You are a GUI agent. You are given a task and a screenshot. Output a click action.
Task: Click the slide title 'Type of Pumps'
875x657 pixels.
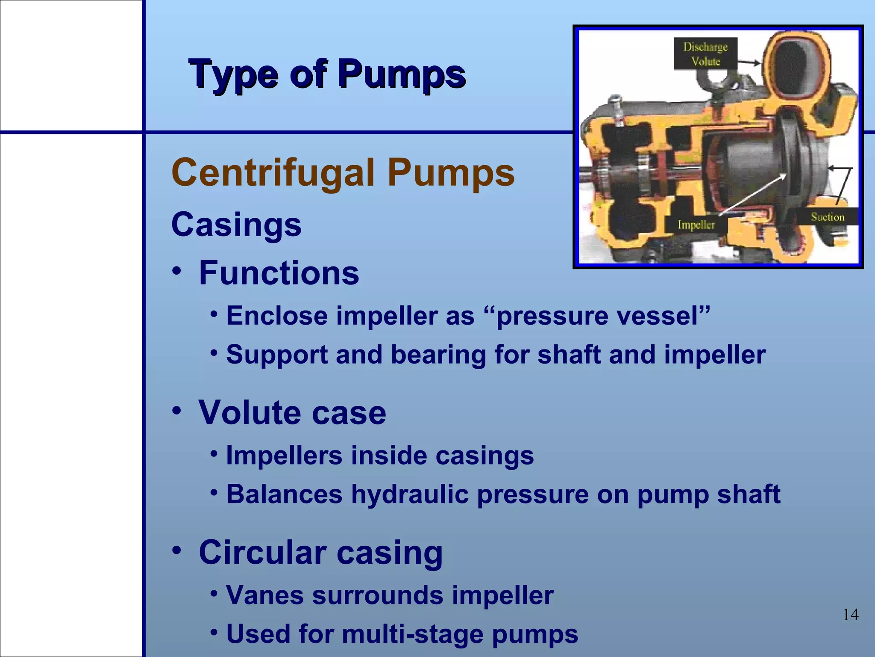click(x=327, y=75)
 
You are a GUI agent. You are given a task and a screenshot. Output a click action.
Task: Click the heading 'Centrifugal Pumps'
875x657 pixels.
click(x=343, y=173)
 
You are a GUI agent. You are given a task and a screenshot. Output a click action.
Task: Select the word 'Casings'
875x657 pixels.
click(x=236, y=225)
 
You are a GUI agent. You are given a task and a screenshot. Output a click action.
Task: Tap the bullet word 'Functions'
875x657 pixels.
click(x=279, y=273)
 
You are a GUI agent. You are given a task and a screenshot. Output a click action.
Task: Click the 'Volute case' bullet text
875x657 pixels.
click(x=292, y=413)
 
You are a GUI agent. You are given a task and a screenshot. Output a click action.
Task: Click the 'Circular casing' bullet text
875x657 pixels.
click(x=320, y=553)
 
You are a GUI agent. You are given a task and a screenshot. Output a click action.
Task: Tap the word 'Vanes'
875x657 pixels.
click(x=265, y=595)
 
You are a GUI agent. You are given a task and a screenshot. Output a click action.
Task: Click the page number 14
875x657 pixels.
click(x=850, y=615)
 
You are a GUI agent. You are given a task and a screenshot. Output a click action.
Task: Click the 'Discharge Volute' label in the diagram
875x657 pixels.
click(x=705, y=54)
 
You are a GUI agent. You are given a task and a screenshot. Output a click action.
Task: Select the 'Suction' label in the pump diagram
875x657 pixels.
click(x=828, y=217)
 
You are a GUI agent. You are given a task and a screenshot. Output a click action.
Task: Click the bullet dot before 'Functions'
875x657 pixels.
click(x=177, y=271)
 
